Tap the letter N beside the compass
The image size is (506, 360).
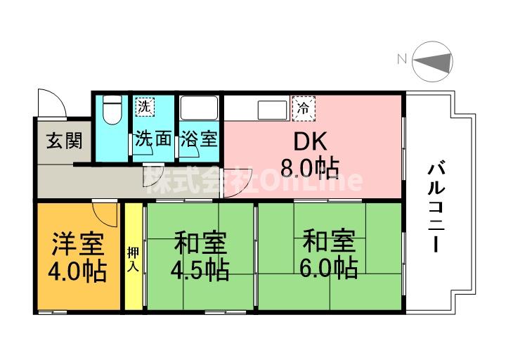click(401, 60)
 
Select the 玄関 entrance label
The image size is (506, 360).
click(63, 141)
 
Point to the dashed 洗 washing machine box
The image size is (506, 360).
click(144, 108)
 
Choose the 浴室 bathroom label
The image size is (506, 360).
click(199, 139)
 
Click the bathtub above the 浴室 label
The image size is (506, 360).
click(200, 109)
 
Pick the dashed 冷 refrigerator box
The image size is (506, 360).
click(304, 109)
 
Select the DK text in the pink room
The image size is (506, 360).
click(310, 141)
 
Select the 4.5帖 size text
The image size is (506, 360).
click(200, 269)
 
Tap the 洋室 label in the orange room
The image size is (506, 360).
click(77, 245)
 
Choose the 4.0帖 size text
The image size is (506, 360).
click(77, 271)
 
